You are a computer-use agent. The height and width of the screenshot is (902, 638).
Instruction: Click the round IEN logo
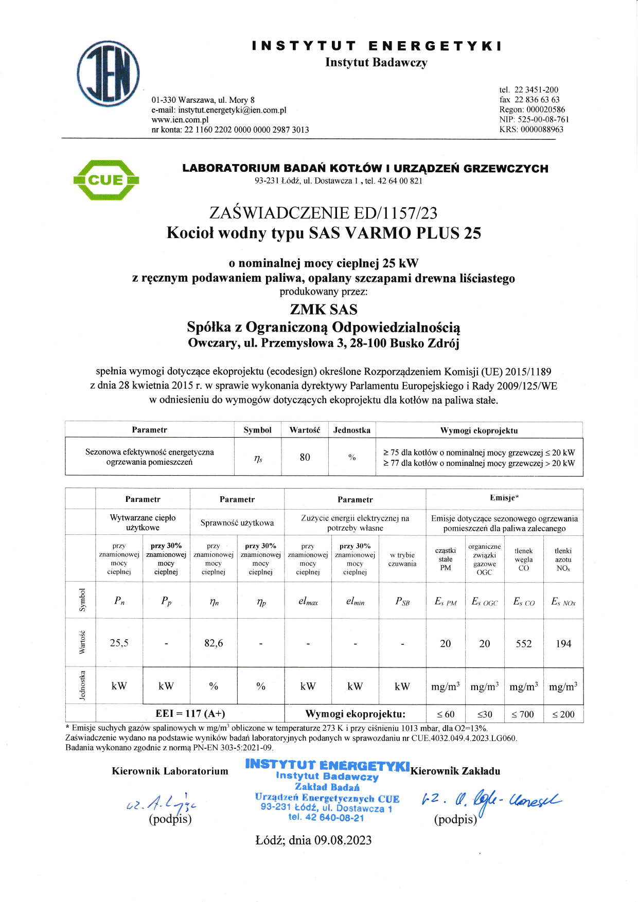tap(108, 74)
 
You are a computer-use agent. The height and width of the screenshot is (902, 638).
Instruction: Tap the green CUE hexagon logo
tap(106, 180)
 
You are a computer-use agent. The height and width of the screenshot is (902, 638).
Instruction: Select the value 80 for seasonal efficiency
tap(305, 457)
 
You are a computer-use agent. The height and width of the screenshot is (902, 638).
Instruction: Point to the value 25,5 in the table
tap(119, 643)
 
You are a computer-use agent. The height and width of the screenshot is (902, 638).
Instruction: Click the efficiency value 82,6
tap(214, 643)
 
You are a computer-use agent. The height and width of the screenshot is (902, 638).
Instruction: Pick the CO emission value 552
tap(524, 643)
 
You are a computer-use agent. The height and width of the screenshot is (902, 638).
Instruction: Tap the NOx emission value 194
tap(563, 643)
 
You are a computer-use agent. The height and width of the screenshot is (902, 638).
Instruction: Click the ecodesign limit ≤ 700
tap(523, 714)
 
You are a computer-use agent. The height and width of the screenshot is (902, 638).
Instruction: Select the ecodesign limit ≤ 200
tap(563, 714)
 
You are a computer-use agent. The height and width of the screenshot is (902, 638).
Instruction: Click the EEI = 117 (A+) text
tap(190, 714)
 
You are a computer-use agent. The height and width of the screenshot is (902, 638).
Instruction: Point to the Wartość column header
tap(305, 430)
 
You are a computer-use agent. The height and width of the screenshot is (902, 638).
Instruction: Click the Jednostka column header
tap(352, 430)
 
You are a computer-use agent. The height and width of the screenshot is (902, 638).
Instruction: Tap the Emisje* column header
tap(504, 498)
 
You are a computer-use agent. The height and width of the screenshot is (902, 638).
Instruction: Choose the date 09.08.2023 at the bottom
tap(343, 840)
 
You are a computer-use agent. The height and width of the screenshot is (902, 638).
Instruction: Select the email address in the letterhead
tap(232, 110)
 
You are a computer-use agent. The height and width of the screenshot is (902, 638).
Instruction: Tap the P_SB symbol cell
tap(402, 601)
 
